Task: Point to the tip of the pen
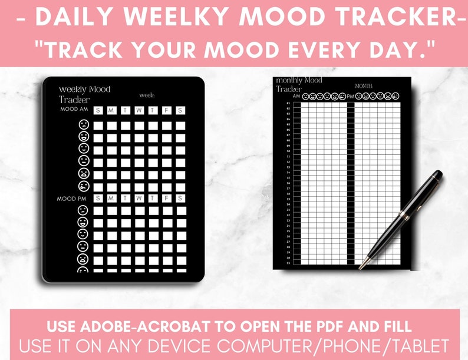coord(361,268)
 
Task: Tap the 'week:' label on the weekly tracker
coord(147,95)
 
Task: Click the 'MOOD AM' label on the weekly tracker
coord(74,110)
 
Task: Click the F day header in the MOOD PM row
coord(167,198)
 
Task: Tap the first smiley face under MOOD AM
coord(83,125)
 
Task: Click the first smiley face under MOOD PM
coord(83,210)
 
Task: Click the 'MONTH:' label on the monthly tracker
coord(364,86)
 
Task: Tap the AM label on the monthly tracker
coord(296,95)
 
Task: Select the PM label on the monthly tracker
coord(350,95)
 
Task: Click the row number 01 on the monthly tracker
coord(288,104)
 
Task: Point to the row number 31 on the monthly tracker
coord(288,263)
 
